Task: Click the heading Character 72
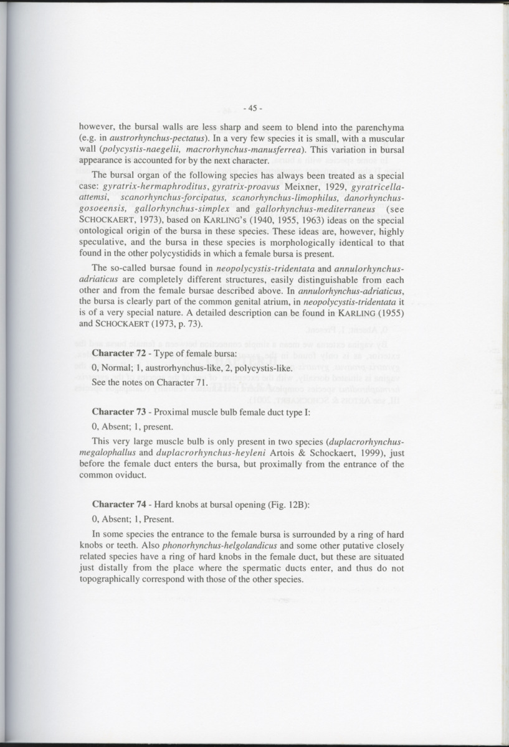[x=121, y=354]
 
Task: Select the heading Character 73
[x=121, y=411]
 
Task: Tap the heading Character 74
[x=121, y=504]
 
